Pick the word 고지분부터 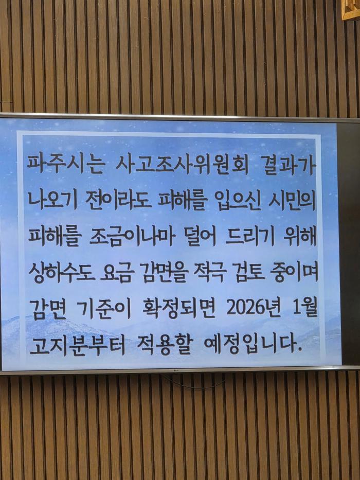click(x=77, y=344)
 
